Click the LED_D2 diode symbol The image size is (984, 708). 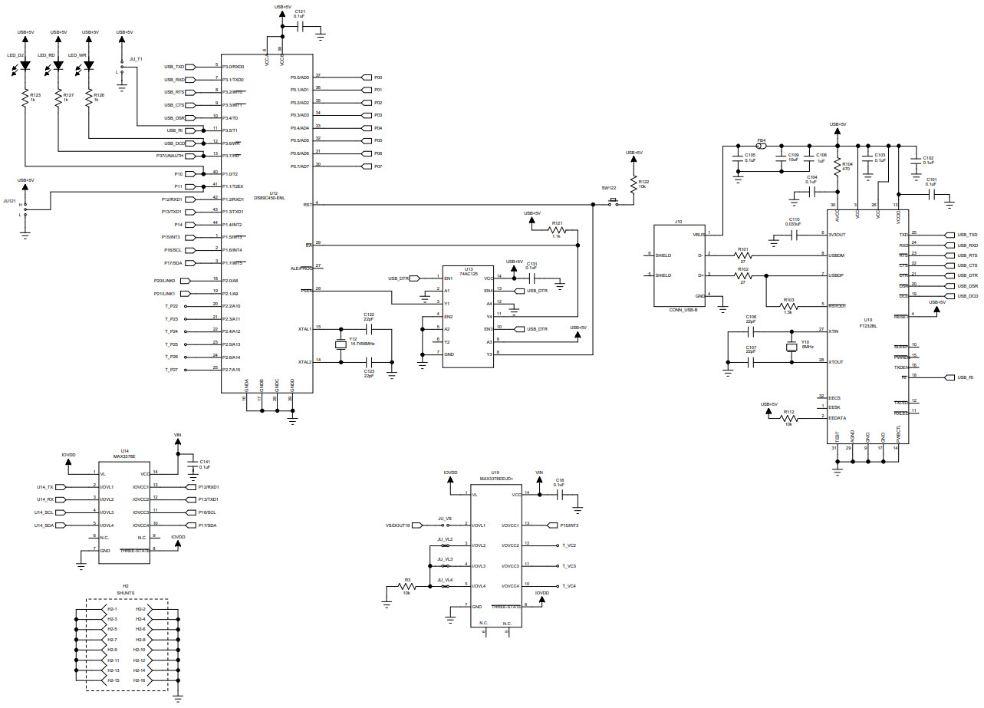tap(25, 66)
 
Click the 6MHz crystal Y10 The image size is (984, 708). tap(793, 347)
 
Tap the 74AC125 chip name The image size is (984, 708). tap(469, 273)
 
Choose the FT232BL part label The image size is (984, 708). tap(870, 325)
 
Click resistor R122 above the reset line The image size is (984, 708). tap(634, 184)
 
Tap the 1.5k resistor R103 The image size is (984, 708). tap(788, 306)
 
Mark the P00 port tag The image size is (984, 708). tap(377, 77)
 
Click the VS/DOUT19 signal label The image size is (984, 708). tap(397, 525)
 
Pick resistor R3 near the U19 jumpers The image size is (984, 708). tap(407, 587)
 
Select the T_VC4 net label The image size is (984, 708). tap(568, 586)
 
